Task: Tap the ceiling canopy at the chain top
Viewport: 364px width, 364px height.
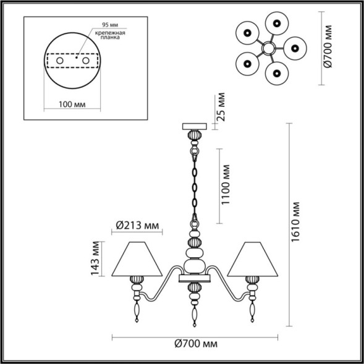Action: point(196,126)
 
